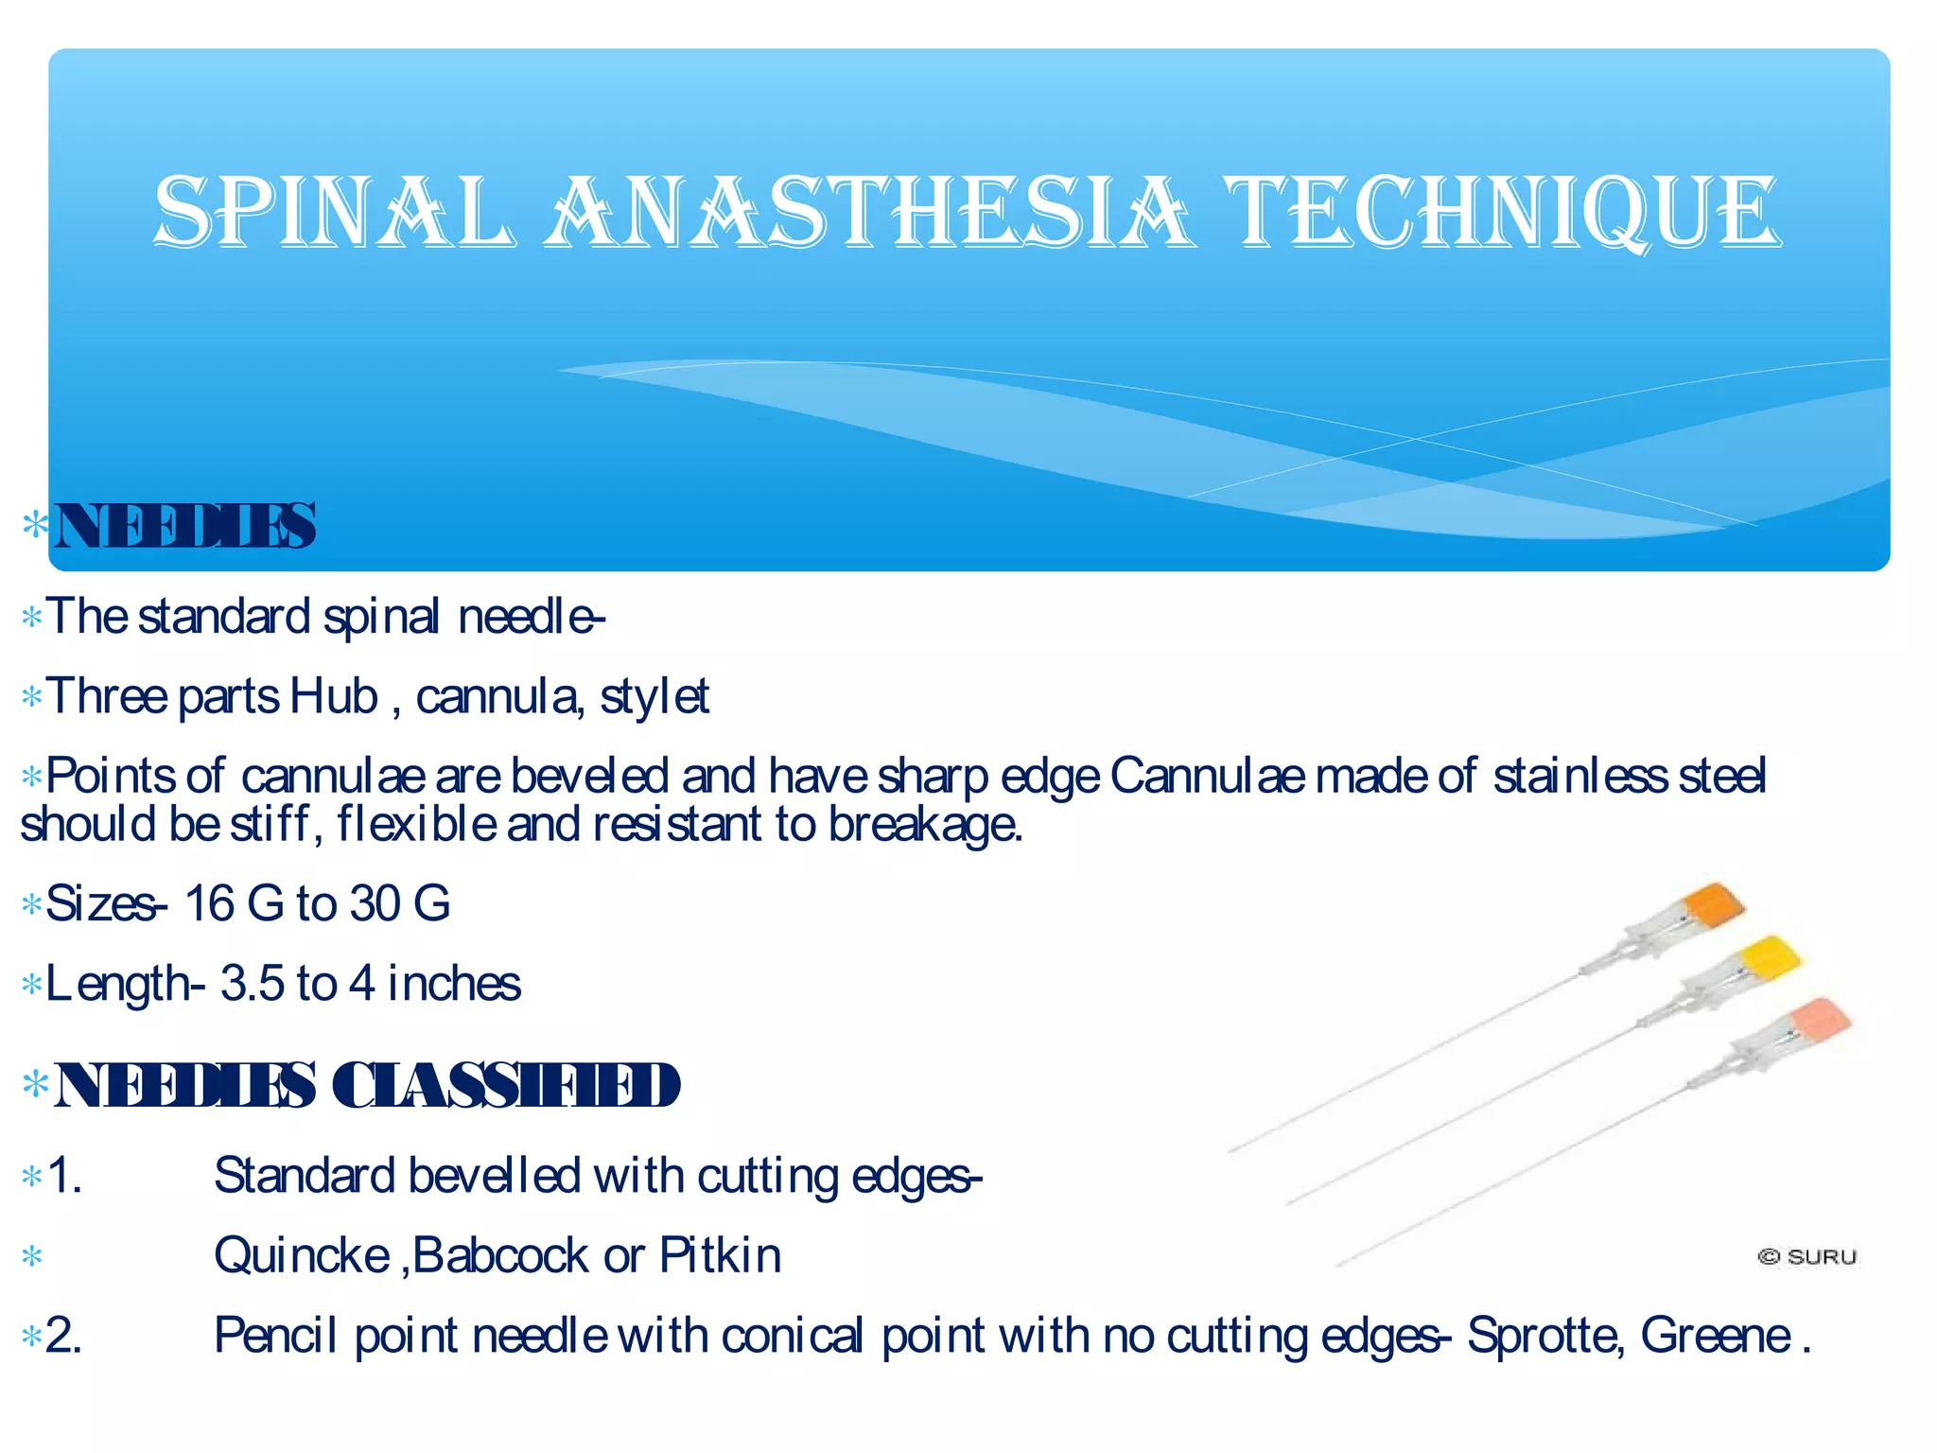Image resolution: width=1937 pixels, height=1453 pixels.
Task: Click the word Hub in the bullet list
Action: (x=333, y=697)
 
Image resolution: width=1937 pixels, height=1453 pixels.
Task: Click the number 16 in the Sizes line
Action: (x=209, y=903)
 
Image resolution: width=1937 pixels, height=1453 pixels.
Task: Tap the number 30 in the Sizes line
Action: (x=375, y=903)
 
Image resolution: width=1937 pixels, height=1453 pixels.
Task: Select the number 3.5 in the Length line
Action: (x=252, y=984)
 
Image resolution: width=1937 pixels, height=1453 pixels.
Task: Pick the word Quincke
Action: (x=302, y=1256)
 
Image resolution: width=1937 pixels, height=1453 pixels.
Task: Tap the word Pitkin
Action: (x=720, y=1256)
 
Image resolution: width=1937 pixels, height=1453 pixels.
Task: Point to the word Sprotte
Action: (x=1543, y=1337)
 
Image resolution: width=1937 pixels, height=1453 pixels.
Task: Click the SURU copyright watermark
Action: (x=1807, y=1257)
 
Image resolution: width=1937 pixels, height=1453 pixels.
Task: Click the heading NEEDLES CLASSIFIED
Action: (x=367, y=1085)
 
